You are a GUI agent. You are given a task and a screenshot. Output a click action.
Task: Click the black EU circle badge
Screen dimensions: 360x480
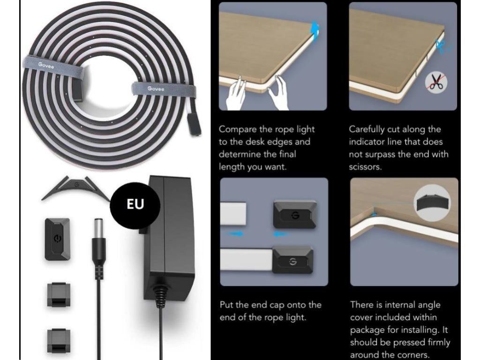pos(128,204)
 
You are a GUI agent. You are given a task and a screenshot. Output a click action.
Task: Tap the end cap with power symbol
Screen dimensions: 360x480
pos(57,239)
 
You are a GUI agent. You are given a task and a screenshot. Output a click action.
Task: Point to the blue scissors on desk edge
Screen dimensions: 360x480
pos(441,45)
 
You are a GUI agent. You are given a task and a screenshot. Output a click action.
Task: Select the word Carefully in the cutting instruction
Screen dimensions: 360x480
pos(368,129)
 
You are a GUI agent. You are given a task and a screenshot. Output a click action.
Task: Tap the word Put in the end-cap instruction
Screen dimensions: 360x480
pos(227,305)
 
